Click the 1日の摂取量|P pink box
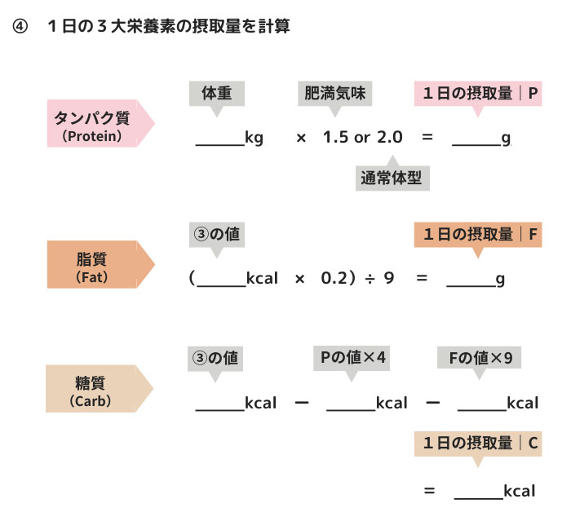click(x=477, y=93)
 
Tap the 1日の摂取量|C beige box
click(x=477, y=444)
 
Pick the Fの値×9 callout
click(x=480, y=357)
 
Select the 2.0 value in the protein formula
click(x=389, y=137)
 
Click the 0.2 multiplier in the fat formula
click(x=334, y=278)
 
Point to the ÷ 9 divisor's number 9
click(x=390, y=278)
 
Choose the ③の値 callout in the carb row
click(x=215, y=357)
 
